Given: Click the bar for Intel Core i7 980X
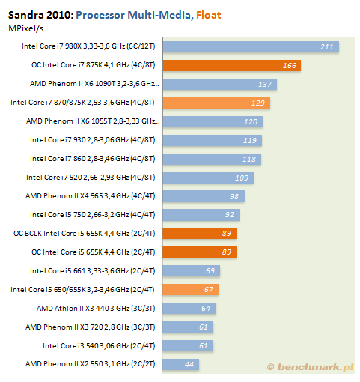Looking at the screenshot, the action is click(x=251, y=47).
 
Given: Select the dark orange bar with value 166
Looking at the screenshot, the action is click(x=232, y=66).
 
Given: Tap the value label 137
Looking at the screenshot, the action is click(x=265, y=85).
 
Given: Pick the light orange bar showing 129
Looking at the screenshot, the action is click(x=216, y=103).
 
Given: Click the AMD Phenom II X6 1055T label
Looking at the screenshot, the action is click(x=92, y=121).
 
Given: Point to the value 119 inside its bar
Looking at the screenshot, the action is click(x=250, y=141).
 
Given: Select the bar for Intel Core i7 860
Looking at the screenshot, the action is click(x=212, y=160).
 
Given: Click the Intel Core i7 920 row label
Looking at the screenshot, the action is click(x=91, y=178).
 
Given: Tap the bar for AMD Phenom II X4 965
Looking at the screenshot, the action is click(x=204, y=196).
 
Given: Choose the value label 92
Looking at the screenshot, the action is click(x=230, y=215).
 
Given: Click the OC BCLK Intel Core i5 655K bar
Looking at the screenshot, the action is click(x=200, y=234).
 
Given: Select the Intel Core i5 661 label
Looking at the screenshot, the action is click(x=93, y=271).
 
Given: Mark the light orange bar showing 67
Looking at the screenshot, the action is click(x=191, y=290).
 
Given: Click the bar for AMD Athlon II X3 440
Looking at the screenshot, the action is click(x=189, y=309).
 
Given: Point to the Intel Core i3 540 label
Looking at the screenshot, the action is click(x=99, y=346).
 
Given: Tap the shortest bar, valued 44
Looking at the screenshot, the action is click(x=181, y=365).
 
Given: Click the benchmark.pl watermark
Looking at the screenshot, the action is click(x=310, y=367).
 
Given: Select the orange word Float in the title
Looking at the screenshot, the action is click(x=209, y=15).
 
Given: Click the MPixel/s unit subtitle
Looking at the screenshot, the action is click(x=26, y=28).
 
